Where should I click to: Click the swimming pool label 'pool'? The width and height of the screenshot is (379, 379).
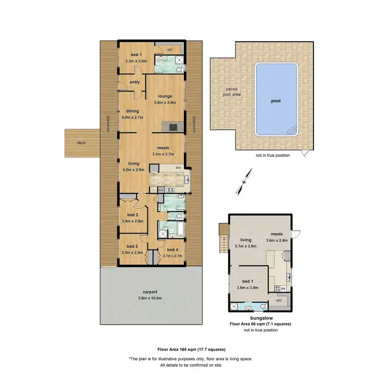click(x=276, y=101)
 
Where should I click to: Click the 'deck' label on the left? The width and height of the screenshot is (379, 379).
click(x=81, y=143)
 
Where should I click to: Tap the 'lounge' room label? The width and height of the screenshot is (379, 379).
click(x=165, y=96)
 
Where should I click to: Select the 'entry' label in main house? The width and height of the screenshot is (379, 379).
click(x=134, y=82)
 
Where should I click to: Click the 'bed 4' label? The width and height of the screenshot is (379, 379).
click(x=172, y=250)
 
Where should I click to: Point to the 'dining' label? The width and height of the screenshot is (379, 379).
click(x=132, y=111)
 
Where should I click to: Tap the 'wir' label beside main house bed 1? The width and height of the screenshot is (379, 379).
click(x=170, y=50)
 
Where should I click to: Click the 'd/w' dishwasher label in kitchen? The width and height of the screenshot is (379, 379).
click(x=178, y=168)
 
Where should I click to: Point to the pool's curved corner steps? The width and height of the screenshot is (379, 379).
click(x=292, y=131)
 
